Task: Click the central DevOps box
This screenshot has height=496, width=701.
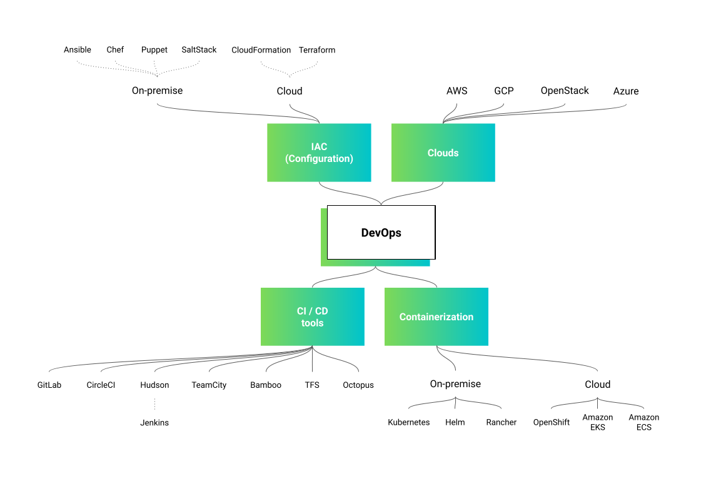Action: (x=381, y=233)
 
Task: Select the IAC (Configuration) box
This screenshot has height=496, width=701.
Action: (x=319, y=153)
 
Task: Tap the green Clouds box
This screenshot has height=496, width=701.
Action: (x=443, y=153)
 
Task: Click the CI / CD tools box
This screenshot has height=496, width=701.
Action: (x=312, y=316)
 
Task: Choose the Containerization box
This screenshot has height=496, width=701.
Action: (x=436, y=316)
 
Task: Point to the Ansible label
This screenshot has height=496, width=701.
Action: (x=78, y=49)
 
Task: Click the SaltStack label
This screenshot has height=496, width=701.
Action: (x=199, y=49)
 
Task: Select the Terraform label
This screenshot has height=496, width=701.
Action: (x=317, y=49)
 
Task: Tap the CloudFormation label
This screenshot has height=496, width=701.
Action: (x=261, y=49)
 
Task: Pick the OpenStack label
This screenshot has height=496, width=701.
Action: (x=565, y=91)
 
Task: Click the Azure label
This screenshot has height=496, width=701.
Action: (x=626, y=91)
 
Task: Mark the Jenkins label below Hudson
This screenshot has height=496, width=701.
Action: (x=154, y=423)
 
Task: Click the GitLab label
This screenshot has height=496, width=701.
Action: (x=49, y=385)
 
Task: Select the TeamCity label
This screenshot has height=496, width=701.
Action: (x=209, y=385)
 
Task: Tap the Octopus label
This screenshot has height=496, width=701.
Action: (x=358, y=385)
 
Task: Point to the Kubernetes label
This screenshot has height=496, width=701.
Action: (x=409, y=422)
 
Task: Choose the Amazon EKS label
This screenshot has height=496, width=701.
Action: (x=598, y=422)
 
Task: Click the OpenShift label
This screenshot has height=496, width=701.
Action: (x=552, y=422)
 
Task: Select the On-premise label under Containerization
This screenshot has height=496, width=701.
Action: (x=455, y=384)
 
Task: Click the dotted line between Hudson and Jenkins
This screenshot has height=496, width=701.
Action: (x=154, y=403)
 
